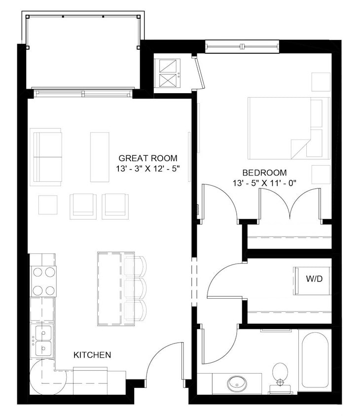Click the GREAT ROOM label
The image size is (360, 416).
(147, 158)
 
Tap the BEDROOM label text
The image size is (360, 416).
(264, 173)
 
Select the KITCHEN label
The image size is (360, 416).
(92, 354)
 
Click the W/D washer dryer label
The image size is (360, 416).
(314, 278)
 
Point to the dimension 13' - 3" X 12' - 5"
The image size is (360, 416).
(147, 168)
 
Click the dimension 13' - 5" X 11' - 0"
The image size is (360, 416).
(264, 183)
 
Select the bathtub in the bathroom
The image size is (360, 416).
(315, 361)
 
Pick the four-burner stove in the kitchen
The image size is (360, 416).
(43, 280)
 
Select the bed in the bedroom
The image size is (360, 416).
(286, 128)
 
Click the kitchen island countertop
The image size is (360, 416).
(110, 289)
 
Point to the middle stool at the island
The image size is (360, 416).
(135, 289)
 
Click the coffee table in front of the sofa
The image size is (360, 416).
(99, 150)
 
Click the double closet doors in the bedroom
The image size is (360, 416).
(291, 205)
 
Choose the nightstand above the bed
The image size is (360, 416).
(321, 82)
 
